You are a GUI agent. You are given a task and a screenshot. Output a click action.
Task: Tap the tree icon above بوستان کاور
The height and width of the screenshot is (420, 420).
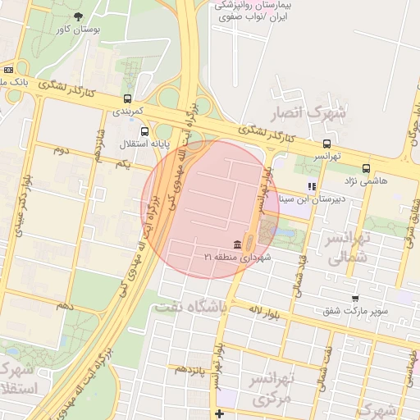tap(78, 16)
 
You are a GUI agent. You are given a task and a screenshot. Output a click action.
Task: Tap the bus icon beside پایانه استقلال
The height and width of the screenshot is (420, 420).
tap(145, 131)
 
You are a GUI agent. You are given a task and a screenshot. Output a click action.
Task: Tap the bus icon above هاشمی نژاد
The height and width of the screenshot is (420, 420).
tap(365, 168)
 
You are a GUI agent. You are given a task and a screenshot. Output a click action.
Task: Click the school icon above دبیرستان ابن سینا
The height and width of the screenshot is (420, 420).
tap(311, 186)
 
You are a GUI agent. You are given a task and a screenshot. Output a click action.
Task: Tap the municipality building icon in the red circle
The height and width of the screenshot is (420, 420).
tap(237, 244)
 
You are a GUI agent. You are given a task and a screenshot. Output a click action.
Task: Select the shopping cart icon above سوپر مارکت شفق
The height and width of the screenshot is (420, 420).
tap(354, 299)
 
